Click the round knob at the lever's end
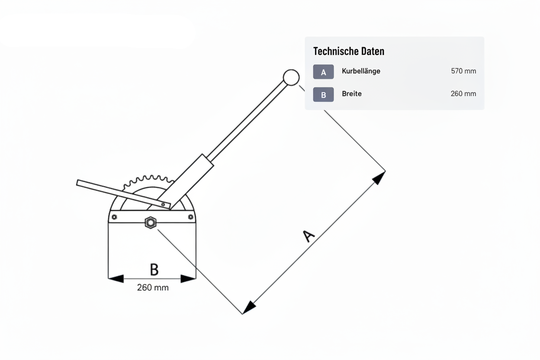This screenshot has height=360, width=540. pyautogui.click(x=291, y=77)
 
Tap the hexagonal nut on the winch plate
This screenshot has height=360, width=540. pyautogui.click(x=151, y=222)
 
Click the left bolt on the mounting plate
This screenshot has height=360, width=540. pyautogui.click(x=115, y=217)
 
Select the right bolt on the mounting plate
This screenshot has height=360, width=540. pyautogui.click(x=190, y=217)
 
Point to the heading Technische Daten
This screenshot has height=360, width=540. pyautogui.click(x=349, y=51)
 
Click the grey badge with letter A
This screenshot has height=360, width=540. pyautogui.click(x=324, y=72)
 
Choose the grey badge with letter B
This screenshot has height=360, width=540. pyautogui.click(x=324, y=94)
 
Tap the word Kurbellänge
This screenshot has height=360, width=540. pyautogui.click(x=361, y=71)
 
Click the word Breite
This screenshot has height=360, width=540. pyautogui.click(x=352, y=93)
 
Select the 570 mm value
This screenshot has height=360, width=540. pyautogui.click(x=463, y=71)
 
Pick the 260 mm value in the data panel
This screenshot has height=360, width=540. pyautogui.click(x=463, y=93)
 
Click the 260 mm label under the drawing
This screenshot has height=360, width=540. pyautogui.click(x=153, y=287)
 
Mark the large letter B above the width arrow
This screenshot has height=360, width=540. pyautogui.click(x=154, y=269)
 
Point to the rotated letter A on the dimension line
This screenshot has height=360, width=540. pyautogui.click(x=309, y=236)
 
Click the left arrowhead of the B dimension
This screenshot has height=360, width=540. pyautogui.click(x=116, y=279)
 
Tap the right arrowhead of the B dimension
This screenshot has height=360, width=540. pyautogui.click(x=188, y=279)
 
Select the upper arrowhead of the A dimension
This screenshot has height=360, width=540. pyautogui.click(x=379, y=178)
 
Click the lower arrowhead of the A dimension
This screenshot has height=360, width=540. pyautogui.click(x=248, y=307)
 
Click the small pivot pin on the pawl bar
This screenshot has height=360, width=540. pyautogui.click(x=163, y=205)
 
